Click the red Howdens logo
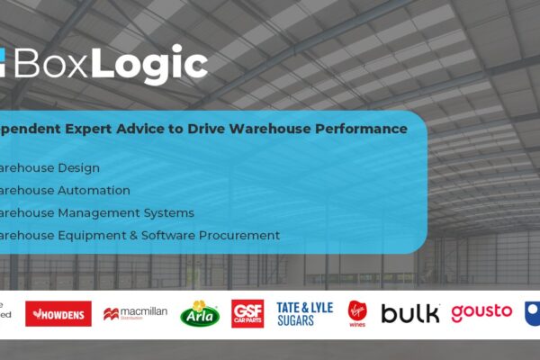tap(58, 313)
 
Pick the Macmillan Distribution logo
tap(135, 313)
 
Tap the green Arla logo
tap(200, 313)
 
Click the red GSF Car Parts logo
tap(247, 313)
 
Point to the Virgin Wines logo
tap(357, 313)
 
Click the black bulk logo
tap(410, 313)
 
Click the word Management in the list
tap(101, 212)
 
